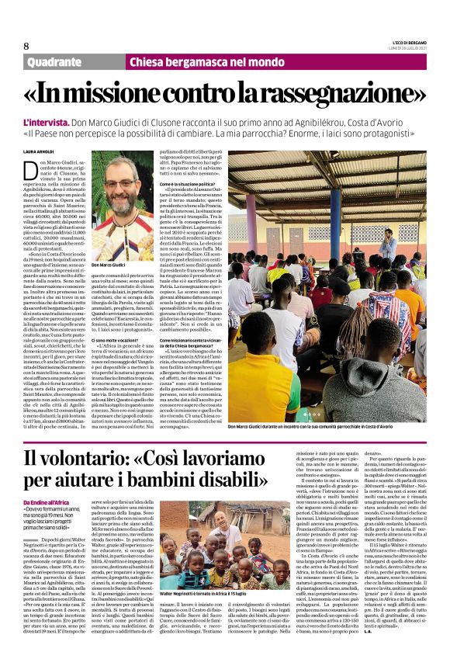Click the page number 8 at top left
[26, 46]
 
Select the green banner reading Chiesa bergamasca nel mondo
[196, 62]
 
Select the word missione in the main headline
[100, 94]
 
